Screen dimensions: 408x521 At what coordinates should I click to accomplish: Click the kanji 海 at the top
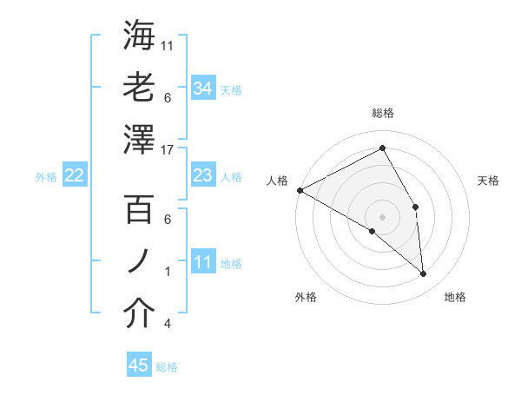[x=140, y=36]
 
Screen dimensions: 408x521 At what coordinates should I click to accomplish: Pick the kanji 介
[x=140, y=313]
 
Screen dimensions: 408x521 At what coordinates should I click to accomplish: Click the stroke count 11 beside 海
[x=168, y=45]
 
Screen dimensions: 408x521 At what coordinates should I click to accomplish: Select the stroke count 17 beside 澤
[x=168, y=149]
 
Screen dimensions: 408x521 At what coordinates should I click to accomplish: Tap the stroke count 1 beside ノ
[x=168, y=272]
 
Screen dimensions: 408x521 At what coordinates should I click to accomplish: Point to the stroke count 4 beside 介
[x=168, y=324]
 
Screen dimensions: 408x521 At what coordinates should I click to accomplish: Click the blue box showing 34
[x=202, y=88]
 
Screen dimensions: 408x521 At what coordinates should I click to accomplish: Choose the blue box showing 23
[x=202, y=175]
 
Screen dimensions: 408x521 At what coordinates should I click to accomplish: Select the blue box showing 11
[x=202, y=262]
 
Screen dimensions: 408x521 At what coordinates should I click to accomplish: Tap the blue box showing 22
[x=74, y=175]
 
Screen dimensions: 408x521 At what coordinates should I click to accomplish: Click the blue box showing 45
[x=138, y=365]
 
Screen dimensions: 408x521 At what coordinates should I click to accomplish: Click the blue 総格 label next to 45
[x=168, y=367]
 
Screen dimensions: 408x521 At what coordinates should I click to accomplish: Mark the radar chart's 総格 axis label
[x=383, y=113]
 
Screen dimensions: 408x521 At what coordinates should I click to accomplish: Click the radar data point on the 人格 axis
[x=300, y=189]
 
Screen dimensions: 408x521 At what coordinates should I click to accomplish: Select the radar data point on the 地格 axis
[x=424, y=274]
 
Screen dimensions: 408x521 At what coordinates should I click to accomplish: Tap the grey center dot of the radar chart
[x=383, y=216]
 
